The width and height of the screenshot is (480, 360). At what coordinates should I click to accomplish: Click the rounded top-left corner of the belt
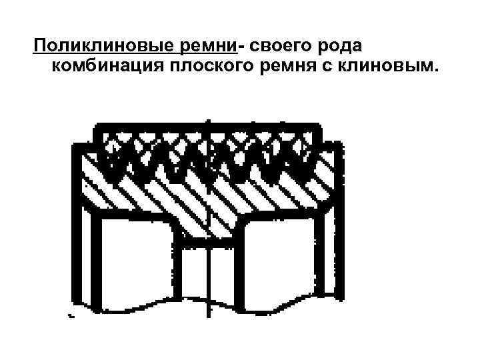coord(100,129)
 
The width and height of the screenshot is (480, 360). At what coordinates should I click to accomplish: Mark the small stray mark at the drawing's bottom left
coord(70,315)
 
